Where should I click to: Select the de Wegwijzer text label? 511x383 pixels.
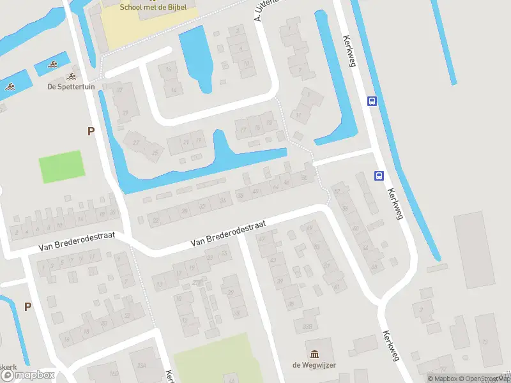(314, 365)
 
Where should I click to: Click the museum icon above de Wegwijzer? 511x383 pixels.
(314, 354)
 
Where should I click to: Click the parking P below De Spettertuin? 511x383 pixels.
(91, 131)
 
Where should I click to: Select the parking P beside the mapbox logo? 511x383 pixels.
(27, 306)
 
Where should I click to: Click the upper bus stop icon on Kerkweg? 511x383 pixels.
(371, 101)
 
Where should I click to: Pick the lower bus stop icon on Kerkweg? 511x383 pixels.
(379, 176)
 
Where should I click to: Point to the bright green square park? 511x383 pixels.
(62, 167)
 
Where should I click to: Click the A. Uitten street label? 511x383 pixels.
(267, 11)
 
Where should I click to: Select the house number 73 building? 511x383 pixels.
(485, 342)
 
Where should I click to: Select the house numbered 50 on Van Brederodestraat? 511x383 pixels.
(305, 177)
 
